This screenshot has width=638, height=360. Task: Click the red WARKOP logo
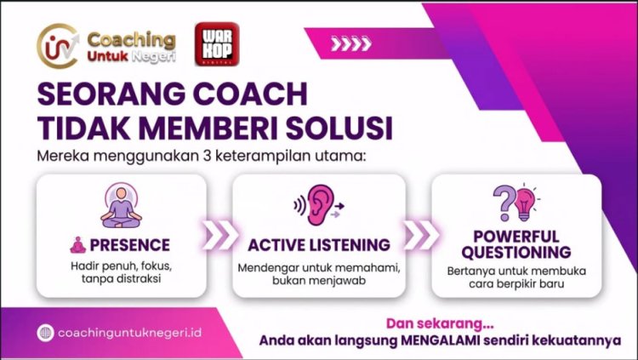coord(216,44)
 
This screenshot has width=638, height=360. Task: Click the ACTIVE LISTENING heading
coord(319,245)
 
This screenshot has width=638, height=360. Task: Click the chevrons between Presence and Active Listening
coord(219,236)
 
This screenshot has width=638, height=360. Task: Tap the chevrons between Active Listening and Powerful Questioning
coord(419,236)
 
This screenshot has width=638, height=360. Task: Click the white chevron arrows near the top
coord(350,44)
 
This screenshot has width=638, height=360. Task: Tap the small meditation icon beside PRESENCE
coord(79,245)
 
